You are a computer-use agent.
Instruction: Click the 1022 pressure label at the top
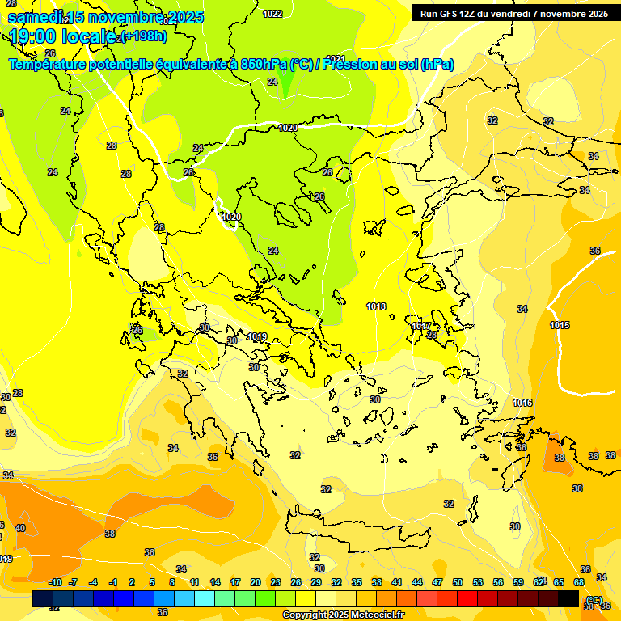(272, 14)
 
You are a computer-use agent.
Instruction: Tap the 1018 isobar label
(376, 306)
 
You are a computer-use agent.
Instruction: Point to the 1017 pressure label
(420, 326)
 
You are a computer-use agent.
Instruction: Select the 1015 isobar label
(560, 325)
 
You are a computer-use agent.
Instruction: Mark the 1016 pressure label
(522, 403)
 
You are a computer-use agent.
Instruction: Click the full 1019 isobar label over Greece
(257, 336)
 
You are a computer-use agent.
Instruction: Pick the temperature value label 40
(20, 528)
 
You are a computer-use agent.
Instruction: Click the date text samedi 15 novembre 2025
(106, 17)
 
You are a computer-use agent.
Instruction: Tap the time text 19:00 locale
(60, 36)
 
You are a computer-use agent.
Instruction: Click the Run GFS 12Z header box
(513, 13)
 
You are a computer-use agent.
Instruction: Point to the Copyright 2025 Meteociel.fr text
(343, 615)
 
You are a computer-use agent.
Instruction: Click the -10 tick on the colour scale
(56, 582)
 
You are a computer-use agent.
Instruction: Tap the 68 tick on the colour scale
(579, 582)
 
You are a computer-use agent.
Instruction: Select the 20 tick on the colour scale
(256, 582)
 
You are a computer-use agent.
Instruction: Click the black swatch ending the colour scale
(568, 598)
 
